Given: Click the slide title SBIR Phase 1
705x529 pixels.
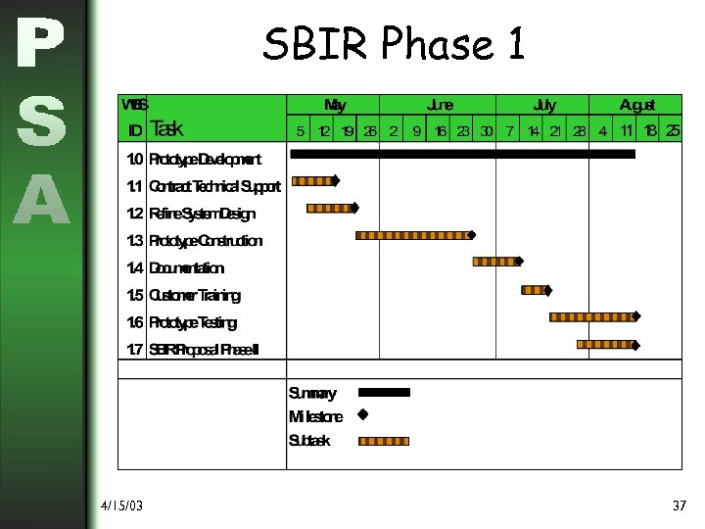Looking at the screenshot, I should click(394, 44).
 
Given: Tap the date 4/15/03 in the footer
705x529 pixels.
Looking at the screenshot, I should click(121, 505).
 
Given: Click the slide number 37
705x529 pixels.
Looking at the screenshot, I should click(680, 505).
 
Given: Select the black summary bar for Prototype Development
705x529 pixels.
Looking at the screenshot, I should click(462, 154).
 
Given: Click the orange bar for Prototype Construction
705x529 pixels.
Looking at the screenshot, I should click(412, 235).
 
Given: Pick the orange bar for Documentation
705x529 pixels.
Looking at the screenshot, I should click(494, 262).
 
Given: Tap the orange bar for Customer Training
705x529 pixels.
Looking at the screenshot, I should click(533, 290).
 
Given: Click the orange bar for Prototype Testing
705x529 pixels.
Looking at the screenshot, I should click(591, 316).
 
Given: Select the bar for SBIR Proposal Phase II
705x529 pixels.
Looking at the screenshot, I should click(605, 344).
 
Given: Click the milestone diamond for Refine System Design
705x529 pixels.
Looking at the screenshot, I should click(354, 208).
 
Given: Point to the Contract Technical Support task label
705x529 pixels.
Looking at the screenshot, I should click(214, 186).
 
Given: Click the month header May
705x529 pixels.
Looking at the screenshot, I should click(334, 105).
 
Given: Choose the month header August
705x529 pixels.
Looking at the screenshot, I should click(636, 105).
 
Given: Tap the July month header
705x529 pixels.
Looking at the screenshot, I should click(543, 105).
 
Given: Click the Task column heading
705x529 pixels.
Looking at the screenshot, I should click(166, 129).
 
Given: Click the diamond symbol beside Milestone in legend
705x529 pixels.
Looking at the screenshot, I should click(362, 415).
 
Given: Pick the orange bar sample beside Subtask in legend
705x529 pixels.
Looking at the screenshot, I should click(385, 441).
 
